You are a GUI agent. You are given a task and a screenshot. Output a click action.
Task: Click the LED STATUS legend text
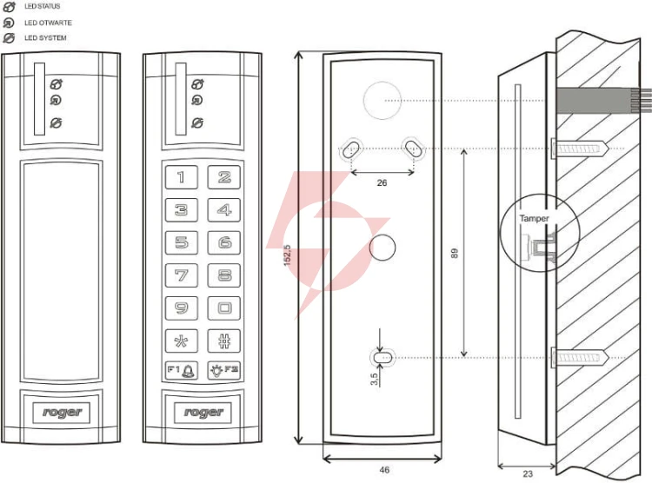tap(42, 6)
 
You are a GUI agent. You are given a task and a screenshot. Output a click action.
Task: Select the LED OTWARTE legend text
tap(48, 23)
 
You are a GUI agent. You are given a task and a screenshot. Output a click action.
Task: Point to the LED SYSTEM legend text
tap(45, 38)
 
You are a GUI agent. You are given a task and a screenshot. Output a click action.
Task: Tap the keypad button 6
tap(224, 242)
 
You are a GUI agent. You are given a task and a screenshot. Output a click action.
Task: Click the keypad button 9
tap(182, 308)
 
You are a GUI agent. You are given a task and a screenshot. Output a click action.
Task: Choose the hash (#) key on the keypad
tap(224, 341)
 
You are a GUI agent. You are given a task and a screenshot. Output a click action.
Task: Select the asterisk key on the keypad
tap(182, 341)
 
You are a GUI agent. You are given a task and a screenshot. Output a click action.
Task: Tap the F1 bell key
tap(182, 370)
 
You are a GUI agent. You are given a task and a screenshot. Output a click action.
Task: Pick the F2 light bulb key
tap(224, 370)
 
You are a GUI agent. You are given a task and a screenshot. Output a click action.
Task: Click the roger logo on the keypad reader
tap(203, 413)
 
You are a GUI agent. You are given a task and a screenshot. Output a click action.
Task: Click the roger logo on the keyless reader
tap(62, 413)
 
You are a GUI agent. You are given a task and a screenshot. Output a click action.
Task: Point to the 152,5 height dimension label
tap(288, 255)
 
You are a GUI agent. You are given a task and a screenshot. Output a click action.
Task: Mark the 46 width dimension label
tap(384, 470)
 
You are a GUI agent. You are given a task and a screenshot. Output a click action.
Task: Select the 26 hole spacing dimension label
tap(382, 183)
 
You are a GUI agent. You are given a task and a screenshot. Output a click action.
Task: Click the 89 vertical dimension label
tap(455, 253)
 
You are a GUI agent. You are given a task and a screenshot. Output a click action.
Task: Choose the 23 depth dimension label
tap(528, 473)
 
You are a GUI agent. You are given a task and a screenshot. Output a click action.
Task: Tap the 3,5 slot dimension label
tap(374, 379)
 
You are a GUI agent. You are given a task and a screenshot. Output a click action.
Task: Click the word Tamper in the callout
tap(534, 218)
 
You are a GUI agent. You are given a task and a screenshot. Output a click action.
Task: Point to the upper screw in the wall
tap(581, 149)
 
